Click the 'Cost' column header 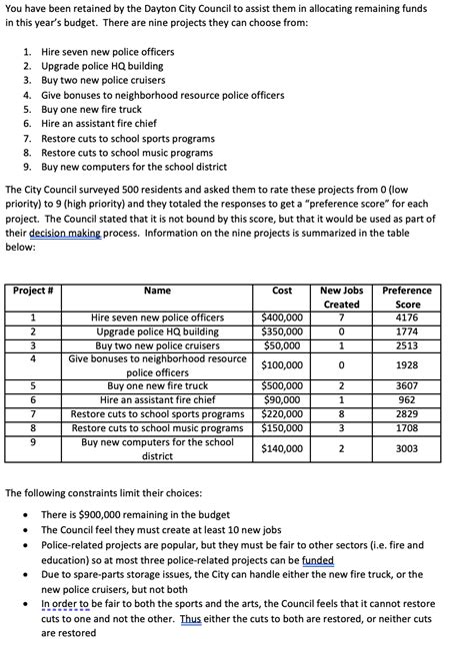tap(282, 291)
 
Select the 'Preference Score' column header tap(407, 298)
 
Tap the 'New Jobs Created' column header tap(342, 298)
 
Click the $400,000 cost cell tap(282, 318)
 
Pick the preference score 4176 tap(407, 318)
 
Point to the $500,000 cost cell tap(282, 385)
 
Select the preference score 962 tap(407, 399)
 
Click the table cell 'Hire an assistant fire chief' tap(157, 399)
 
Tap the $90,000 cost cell tap(282, 399)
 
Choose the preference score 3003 tap(407, 449)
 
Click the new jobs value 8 tap(342, 413)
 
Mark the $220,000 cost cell tap(282, 413)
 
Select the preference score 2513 tap(407, 345)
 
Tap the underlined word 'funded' tap(317, 560)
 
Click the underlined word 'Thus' tap(192, 618)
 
